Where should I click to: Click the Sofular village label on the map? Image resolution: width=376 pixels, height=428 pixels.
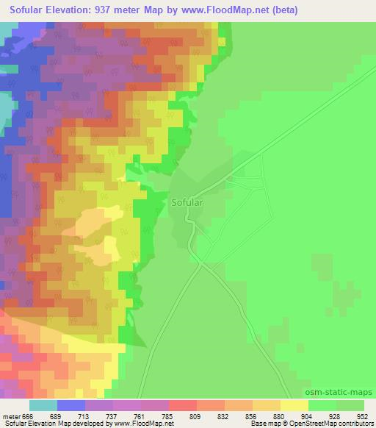[187, 200]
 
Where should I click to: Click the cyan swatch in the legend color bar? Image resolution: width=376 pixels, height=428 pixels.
[43, 404]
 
